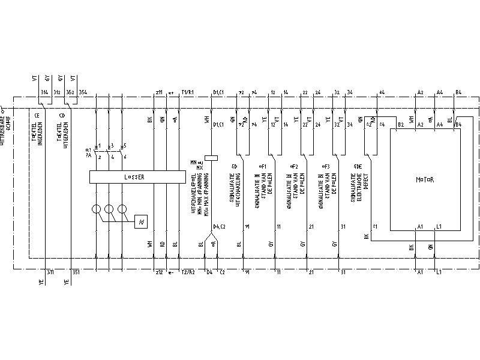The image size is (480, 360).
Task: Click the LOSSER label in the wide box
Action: (137, 178)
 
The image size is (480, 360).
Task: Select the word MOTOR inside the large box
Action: (425, 179)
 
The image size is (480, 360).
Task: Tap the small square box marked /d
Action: (141, 222)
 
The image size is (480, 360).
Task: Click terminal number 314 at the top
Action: (44, 92)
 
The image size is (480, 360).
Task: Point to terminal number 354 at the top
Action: (82, 92)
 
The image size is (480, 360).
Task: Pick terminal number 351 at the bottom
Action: (76, 272)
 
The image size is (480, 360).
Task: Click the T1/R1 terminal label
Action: (188, 92)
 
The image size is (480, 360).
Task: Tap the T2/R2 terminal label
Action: (188, 272)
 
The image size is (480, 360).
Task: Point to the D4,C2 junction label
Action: (219, 226)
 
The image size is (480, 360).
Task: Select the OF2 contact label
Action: (294, 165)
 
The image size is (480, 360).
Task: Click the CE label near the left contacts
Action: (37, 115)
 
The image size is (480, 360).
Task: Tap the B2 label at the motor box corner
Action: (400, 124)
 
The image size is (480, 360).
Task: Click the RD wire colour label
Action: (162, 244)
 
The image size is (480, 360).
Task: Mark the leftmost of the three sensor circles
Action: (96, 209)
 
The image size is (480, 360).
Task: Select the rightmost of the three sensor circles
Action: (123, 209)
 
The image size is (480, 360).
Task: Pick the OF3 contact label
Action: (326, 165)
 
